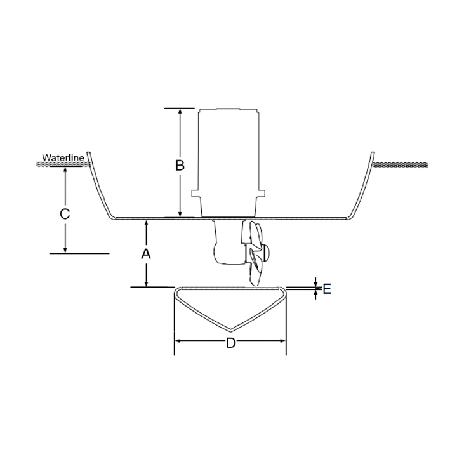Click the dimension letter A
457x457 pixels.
coord(146,254)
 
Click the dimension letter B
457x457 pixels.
coord(180,165)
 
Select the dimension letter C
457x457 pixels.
coord(65,214)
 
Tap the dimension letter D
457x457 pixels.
coord(231,343)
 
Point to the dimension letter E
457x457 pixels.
coord(327,289)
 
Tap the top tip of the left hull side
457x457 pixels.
coord(89,154)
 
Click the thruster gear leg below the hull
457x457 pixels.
coord(226,244)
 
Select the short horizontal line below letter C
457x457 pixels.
coord(79,253)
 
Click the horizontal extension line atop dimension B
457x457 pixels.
coord(180,108)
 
